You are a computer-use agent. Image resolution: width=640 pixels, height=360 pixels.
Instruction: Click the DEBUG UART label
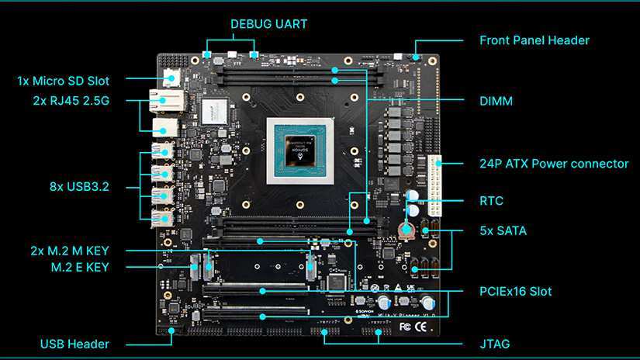click(268, 24)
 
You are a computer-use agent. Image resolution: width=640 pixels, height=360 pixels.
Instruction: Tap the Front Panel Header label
click(534, 40)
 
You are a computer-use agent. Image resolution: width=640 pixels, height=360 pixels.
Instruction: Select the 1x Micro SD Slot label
click(64, 81)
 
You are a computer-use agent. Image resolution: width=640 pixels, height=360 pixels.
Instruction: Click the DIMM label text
click(496, 101)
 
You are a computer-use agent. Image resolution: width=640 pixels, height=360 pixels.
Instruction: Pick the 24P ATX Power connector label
click(554, 164)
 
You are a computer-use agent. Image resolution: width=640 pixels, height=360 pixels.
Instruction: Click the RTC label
click(492, 201)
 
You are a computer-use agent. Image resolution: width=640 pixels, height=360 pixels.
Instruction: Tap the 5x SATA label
click(503, 230)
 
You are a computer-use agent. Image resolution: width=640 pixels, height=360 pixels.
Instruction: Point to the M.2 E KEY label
click(74, 267)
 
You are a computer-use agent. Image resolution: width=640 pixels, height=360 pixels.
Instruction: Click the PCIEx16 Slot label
click(516, 292)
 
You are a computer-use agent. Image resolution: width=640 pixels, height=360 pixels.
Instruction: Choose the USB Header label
click(74, 344)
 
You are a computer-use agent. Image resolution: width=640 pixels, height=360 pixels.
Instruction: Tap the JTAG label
click(495, 343)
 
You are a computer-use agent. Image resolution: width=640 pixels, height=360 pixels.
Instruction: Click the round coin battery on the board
click(404, 229)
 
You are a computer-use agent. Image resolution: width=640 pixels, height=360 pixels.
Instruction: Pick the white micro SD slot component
click(171, 78)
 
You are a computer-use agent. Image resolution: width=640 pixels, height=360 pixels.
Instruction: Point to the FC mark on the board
click(405, 326)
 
